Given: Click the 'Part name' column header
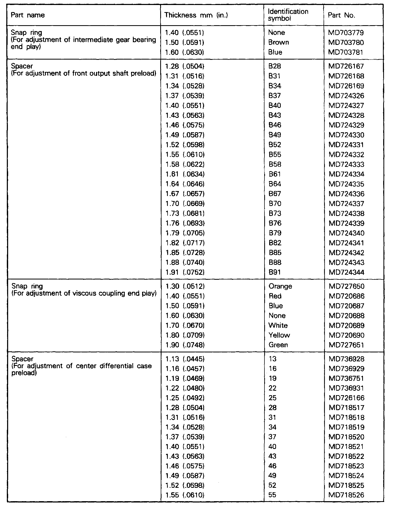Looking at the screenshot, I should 28,15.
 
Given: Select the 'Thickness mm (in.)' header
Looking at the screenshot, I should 196,15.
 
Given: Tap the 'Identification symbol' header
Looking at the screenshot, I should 288,15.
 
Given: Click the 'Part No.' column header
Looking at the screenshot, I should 341,15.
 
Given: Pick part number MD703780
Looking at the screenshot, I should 346,43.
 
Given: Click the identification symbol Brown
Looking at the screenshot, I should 278,43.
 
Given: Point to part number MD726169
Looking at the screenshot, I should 346,86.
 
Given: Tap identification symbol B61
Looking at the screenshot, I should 275,174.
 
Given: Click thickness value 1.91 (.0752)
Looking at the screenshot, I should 185,272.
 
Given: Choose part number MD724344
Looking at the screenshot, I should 346,272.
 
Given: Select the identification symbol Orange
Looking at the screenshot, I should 280,286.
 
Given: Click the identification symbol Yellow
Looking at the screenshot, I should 279,335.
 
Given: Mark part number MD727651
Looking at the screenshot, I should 346,345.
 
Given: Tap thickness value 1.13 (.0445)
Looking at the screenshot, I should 185,359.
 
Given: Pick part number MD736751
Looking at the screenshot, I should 346,379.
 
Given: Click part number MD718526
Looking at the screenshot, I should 346,495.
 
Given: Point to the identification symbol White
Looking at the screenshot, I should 278,326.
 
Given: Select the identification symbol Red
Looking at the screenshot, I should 275,296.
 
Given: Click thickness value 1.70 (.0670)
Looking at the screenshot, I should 185,326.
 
